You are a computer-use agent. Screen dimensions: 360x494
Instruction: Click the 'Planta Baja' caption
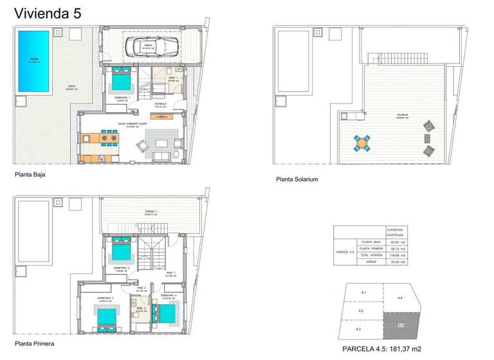(x=30, y=174)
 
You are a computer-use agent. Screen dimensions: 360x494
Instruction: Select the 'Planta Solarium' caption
(x=297, y=179)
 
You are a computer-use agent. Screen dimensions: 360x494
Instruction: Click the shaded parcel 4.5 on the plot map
(x=400, y=325)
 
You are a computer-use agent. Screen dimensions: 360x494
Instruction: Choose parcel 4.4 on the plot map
(x=400, y=297)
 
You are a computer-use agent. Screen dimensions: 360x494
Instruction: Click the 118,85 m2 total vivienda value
(x=394, y=255)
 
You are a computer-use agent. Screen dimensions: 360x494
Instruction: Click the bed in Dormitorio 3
(x=106, y=316)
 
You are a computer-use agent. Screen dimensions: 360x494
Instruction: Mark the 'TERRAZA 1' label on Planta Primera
(x=151, y=212)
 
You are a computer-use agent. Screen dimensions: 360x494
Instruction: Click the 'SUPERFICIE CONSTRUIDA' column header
(x=394, y=232)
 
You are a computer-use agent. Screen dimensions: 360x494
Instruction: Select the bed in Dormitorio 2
(x=122, y=249)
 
